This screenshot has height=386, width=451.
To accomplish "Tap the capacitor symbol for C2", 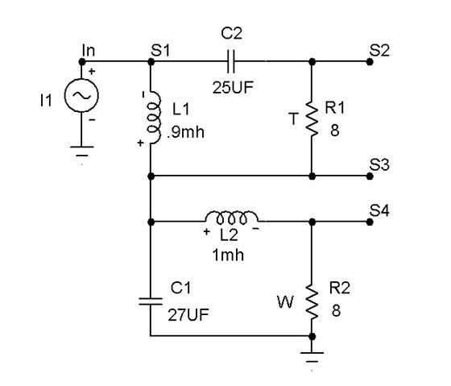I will coord(232,60).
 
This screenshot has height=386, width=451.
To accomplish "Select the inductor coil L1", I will coord(151,118).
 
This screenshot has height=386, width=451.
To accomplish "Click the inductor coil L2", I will coord(232,218).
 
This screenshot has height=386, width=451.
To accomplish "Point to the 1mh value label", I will coord(232,255).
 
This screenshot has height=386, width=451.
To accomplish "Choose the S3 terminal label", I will coord(379,164).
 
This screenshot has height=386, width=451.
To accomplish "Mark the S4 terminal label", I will coord(379,210).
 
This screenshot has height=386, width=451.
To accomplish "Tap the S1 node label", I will coord(160,49).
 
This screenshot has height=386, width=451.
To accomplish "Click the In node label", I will coord(89,50).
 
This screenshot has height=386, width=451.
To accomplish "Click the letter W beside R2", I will coord(283,304).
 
